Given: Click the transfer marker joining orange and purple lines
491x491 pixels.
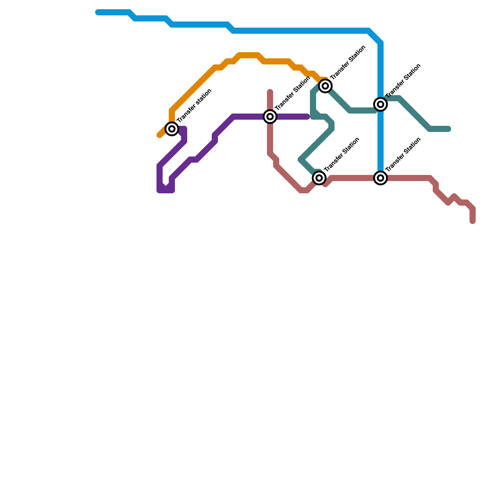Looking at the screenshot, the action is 172,129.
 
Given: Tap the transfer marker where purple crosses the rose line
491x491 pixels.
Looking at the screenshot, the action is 270,117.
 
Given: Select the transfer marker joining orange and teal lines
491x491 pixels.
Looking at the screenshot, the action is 325,86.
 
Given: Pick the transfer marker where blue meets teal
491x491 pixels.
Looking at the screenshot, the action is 381,104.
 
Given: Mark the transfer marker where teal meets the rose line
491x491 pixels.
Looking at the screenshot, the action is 319,178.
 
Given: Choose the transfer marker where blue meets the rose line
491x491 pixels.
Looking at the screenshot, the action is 381,178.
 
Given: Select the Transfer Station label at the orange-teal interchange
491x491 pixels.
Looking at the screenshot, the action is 348,62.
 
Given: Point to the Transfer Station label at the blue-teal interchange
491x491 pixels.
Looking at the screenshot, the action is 403,81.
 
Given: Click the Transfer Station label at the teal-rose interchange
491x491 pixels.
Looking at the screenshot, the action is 342,154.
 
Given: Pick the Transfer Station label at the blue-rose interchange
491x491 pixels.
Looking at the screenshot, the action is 403,154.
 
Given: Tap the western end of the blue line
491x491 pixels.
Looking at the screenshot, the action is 98,12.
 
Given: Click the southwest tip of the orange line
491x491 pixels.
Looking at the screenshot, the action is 159,135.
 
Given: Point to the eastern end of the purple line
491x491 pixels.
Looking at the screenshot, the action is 307,117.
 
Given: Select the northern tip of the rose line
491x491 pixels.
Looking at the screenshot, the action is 270,91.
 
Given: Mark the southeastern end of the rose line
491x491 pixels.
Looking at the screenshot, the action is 473,221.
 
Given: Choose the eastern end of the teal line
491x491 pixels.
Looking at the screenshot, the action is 448,129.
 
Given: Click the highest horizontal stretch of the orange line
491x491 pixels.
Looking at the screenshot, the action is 249,55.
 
